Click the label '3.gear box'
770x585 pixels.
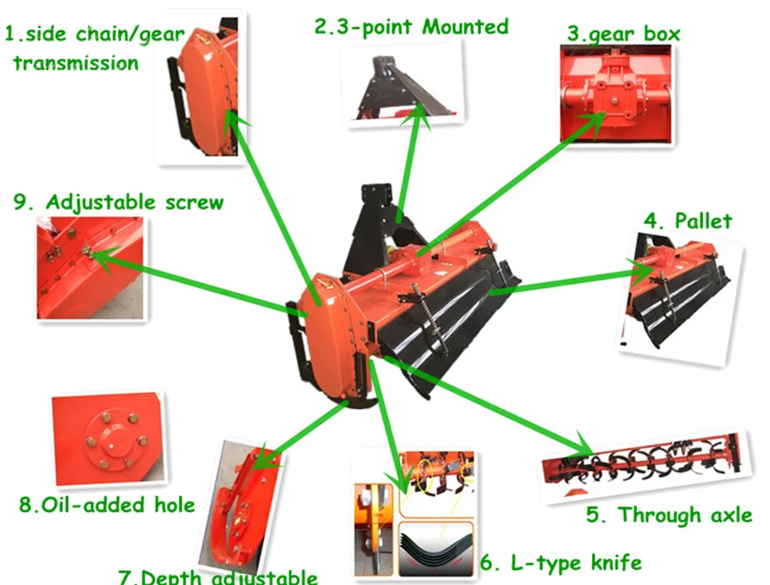pyautogui.click(x=623, y=34)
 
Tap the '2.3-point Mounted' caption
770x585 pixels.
pyautogui.click(x=410, y=26)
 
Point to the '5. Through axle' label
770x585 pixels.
pyautogui.click(x=668, y=514)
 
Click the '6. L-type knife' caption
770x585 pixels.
pyautogui.click(x=560, y=563)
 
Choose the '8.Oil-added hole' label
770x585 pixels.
pyautogui.click(x=107, y=504)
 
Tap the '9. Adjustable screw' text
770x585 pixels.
pyautogui.click(x=119, y=201)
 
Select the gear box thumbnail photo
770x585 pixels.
pyautogui.click(x=616, y=93)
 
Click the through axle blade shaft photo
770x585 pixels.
pyautogui.click(x=644, y=465)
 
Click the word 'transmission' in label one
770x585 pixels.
pyautogui.click(x=76, y=62)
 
